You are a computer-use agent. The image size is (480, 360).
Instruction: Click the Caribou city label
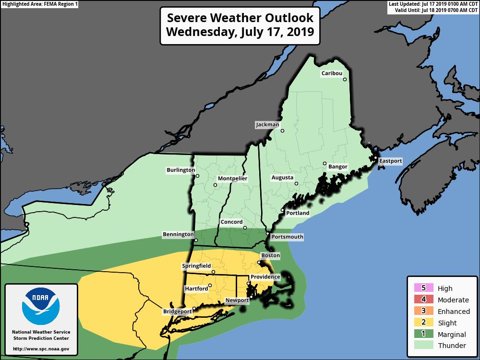(332, 73)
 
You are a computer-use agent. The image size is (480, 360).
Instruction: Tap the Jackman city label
(267, 125)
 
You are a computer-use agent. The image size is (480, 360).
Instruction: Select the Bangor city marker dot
(324, 163)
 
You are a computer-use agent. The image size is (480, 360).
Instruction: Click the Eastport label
(390, 161)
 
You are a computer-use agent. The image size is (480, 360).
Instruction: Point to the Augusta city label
(282, 178)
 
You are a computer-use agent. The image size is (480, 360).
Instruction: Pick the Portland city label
(298, 213)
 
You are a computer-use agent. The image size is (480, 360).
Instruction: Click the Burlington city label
(181, 170)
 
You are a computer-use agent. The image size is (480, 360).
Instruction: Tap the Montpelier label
(232, 179)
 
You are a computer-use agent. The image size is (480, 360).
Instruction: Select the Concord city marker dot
(245, 228)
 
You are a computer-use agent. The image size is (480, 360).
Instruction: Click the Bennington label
(178, 235)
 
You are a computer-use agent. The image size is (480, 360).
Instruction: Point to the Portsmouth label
(287, 237)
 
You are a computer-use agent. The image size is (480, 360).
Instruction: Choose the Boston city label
(270, 256)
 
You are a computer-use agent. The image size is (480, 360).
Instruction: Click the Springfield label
(197, 266)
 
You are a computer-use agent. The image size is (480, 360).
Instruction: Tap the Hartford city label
(196, 289)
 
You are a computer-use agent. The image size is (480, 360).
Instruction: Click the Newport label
(237, 300)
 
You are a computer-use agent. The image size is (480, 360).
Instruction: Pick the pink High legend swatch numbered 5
(423, 288)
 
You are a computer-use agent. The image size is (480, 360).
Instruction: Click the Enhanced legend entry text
(454, 312)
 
